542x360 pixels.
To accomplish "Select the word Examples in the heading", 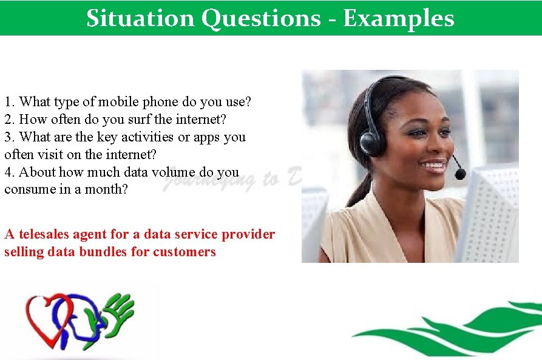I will tap(398, 18).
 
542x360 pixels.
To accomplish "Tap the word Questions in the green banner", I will tap(260, 18).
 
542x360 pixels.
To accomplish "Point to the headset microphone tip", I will tap(460, 174).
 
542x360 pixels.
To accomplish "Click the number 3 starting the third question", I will tap(8, 137).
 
